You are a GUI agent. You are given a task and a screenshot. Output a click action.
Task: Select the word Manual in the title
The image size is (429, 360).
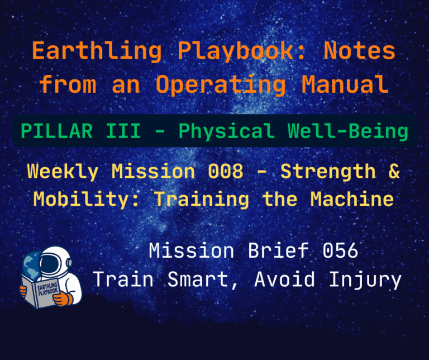pyautogui.click(x=345, y=84)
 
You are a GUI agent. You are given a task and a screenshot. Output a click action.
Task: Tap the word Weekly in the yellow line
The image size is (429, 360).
pyautogui.click(x=63, y=172)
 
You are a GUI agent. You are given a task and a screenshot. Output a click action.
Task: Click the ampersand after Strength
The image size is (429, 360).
pyautogui.click(x=394, y=172)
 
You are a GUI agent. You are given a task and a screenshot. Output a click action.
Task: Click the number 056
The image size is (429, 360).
pyautogui.click(x=340, y=251)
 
